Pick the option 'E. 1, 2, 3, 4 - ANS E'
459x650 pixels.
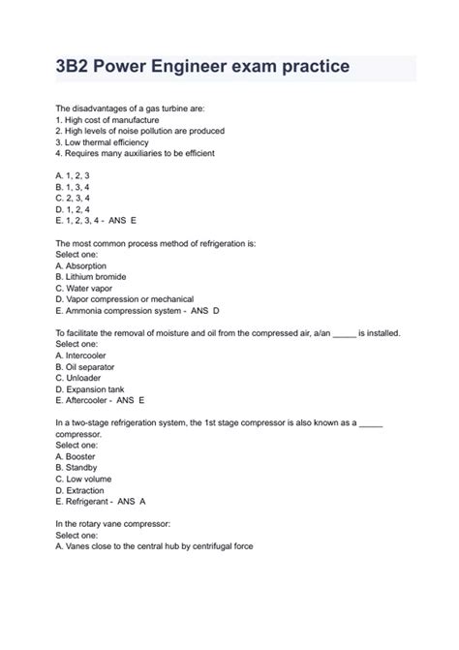coord(96,221)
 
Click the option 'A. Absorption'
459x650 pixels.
coord(81,265)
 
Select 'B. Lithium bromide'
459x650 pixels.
coord(93,277)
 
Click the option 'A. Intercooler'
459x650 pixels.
coord(81,356)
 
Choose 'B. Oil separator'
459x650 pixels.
coord(85,367)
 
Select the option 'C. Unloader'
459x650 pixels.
coord(80,378)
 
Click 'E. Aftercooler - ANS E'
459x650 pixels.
coord(100,400)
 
